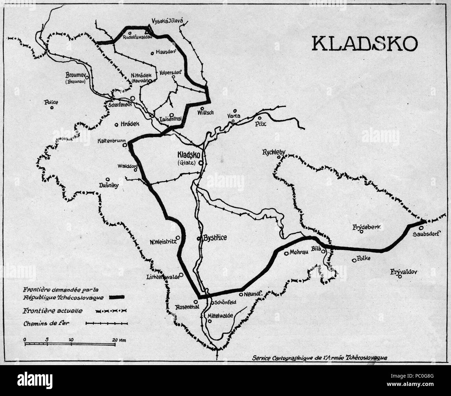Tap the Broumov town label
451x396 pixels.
click(75, 75)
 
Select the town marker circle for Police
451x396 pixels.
click(51, 108)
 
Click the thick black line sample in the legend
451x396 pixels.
click(117, 297)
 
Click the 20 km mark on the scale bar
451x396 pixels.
click(117, 339)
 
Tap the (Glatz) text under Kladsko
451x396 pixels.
click(187, 163)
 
